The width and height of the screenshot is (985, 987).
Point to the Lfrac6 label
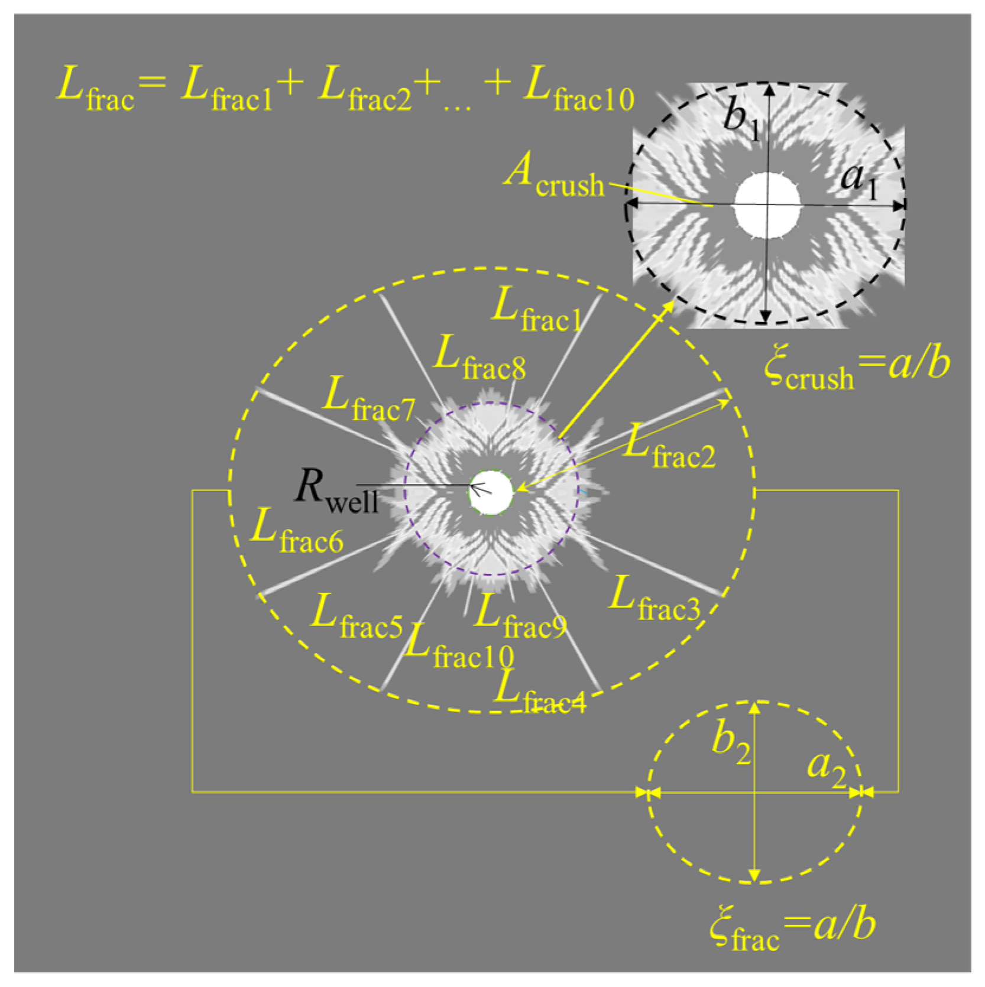click(296, 531)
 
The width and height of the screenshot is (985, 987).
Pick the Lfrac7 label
click(368, 401)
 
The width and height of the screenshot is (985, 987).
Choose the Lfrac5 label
click(357, 617)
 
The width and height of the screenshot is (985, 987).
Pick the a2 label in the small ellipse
click(827, 768)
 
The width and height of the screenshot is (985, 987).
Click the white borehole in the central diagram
click(491, 492)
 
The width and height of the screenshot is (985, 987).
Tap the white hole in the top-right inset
click(767, 205)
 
